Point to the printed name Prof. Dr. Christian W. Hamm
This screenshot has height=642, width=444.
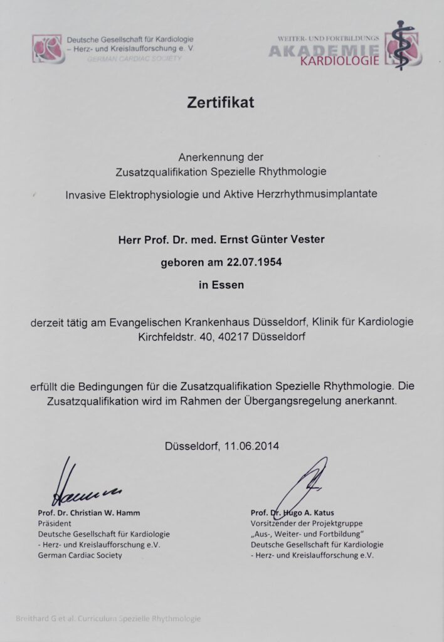point(88,512)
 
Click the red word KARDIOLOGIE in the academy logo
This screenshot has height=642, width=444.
point(339,61)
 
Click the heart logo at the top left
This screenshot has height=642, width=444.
point(48,49)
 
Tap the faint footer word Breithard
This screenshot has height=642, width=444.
point(33,618)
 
